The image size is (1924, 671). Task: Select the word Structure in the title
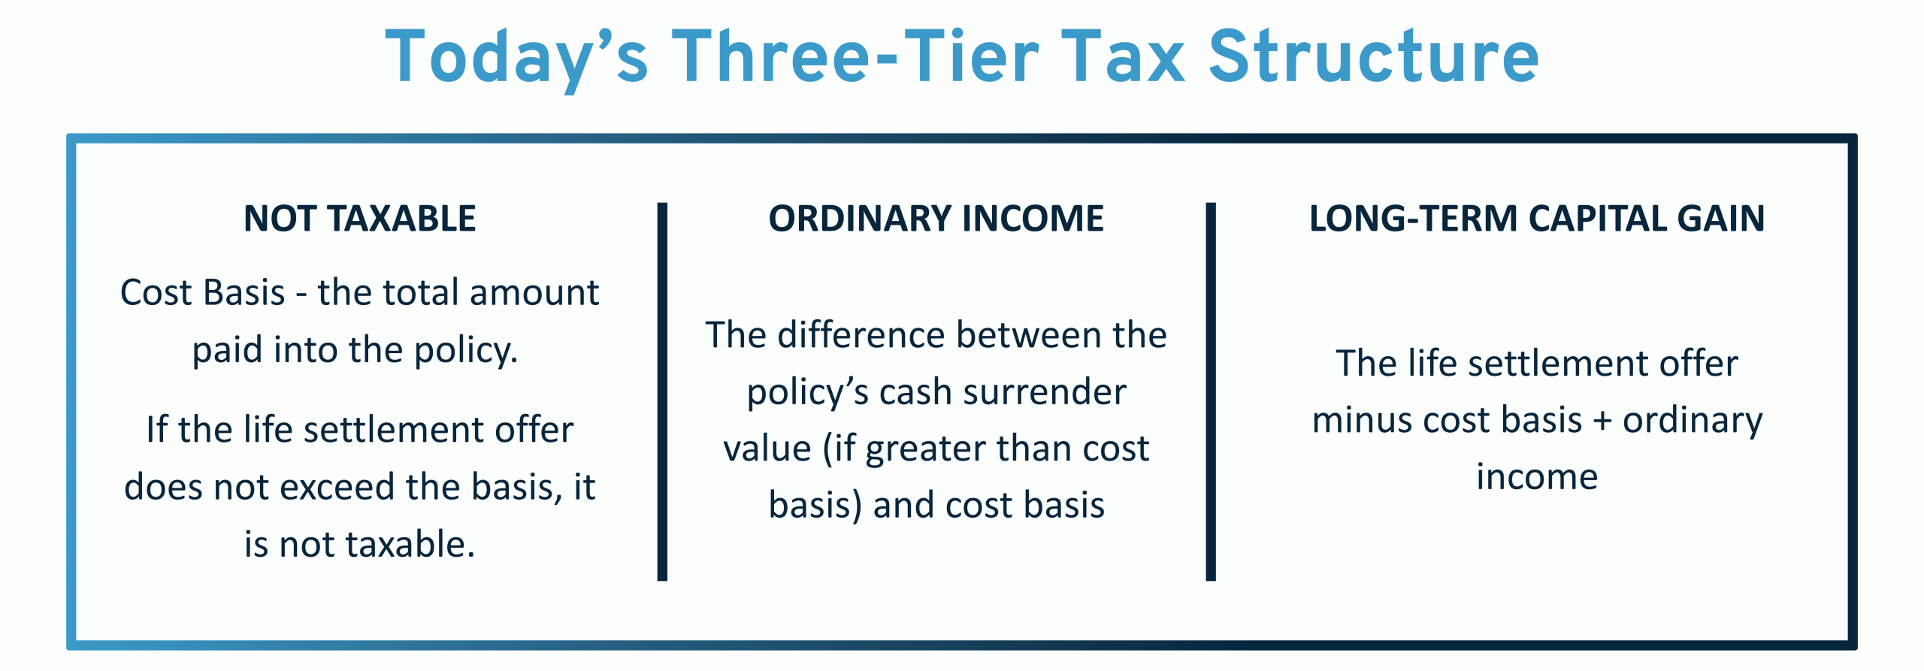(x=1374, y=56)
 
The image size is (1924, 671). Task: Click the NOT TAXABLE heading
(x=360, y=219)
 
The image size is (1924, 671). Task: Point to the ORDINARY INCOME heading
(x=936, y=219)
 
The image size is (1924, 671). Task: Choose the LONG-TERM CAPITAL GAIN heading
(x=1537, y=219)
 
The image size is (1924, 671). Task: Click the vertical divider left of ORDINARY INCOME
(x=662, y=391)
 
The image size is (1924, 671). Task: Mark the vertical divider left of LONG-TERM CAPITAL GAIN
(x=1211, y=391)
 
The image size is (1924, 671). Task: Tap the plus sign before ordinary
(x=1602, y=422)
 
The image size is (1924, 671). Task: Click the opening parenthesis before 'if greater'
(x=828, y=450)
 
